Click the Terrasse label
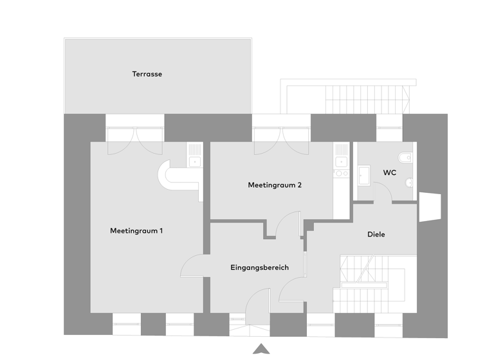point(147,74)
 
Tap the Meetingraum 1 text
point(136,230)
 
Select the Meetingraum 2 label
point(275,185)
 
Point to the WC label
point(389,172)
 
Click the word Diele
point(376,235)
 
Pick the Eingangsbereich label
point(259,267)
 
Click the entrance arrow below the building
point(261,348)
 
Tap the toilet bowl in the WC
point(405,158)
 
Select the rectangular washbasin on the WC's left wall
point(363,174)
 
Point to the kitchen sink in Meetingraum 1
point(194,161)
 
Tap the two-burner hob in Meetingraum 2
point(341,172)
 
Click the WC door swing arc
point(383,192)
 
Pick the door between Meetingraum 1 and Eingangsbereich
point(193,265)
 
